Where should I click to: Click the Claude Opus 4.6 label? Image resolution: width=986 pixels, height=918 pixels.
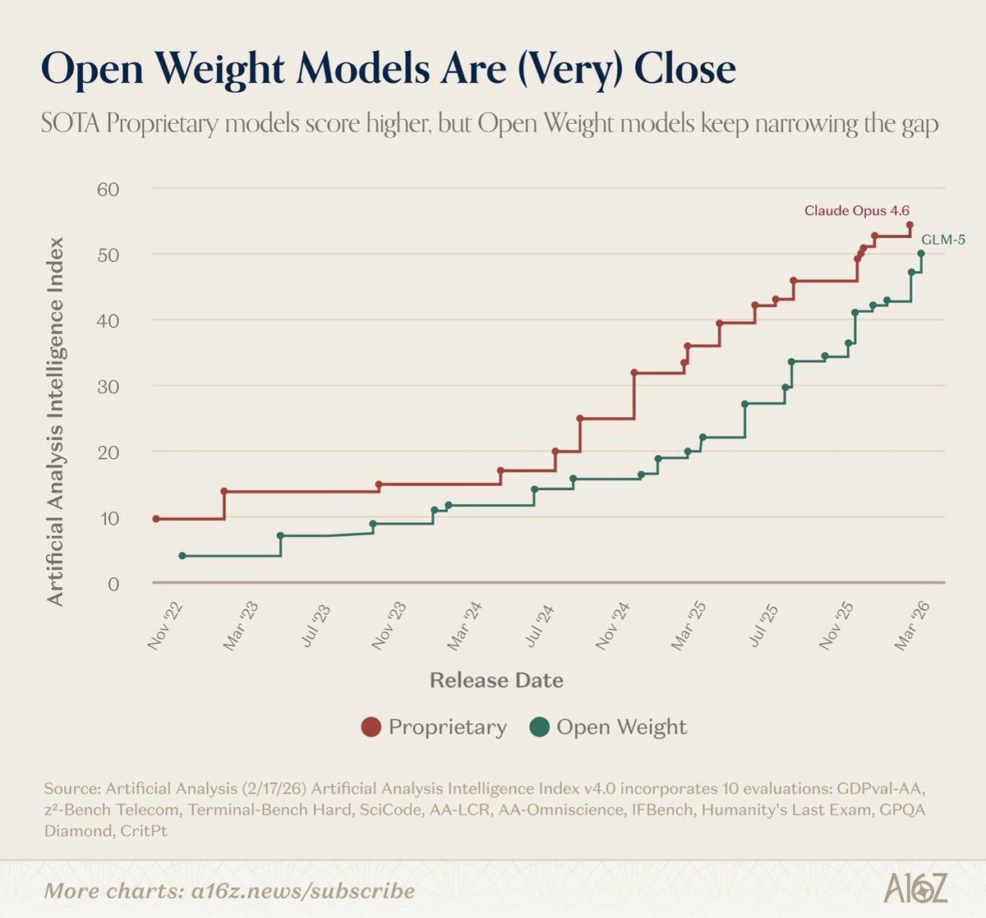(x=856, y=211)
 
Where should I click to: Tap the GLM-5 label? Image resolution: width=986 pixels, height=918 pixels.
(x=942, y=240)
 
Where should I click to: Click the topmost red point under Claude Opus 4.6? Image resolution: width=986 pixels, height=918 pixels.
(x=910, y=225)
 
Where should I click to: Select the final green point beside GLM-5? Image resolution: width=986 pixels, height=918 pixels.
(x=921, y=254)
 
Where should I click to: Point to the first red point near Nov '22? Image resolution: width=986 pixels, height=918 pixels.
(x=156, y=519)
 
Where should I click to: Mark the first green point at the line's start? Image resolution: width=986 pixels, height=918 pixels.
(x=182, y=556)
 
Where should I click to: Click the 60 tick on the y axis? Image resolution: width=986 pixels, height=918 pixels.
(x=108, y=189)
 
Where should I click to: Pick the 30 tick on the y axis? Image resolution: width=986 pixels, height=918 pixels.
(x=108, y=386)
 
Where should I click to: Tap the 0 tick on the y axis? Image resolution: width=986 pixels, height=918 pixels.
(x=113, y=584)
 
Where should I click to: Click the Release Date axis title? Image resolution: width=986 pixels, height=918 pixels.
(x=496, y=680)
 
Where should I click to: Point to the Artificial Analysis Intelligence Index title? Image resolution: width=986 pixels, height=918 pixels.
(x=55, y=421)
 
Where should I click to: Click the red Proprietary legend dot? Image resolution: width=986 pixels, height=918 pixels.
(x=371, y=728)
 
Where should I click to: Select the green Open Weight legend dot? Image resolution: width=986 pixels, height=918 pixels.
(x=540, y=728)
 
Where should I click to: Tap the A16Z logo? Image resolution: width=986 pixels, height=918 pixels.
(x=916, y=888)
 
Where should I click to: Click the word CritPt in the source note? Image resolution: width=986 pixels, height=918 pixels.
(x=145, y=831)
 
